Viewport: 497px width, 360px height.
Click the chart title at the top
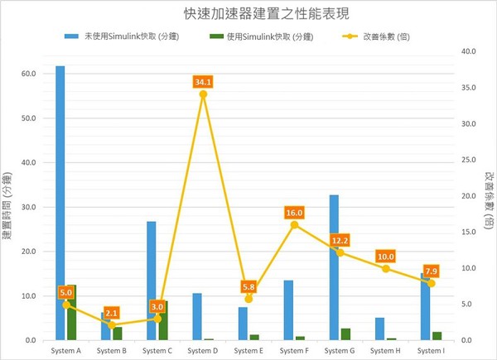pyautogui.click(x=248, y=14)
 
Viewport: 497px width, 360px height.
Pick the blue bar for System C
pyautogui.click(x=152, y=281)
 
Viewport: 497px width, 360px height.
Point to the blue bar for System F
pyautogui.click(x=288, y=310)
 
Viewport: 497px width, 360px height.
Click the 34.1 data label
pyautogui.click(x=203, y=82)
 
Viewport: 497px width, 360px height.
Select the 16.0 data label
pyautogui.click(x=295, y=213)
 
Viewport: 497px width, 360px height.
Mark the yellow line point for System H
pyautogui.click(x=385, y=268)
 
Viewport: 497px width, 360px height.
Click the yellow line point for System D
pyautogui.click(x=203, y=94)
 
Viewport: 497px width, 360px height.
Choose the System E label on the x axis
pyautogui.click(x=248, y=351)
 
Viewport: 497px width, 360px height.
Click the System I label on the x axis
pyautogui.click(x=431, y=351)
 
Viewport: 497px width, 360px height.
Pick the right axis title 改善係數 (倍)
pyautogui.click(x=489, y=199)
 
